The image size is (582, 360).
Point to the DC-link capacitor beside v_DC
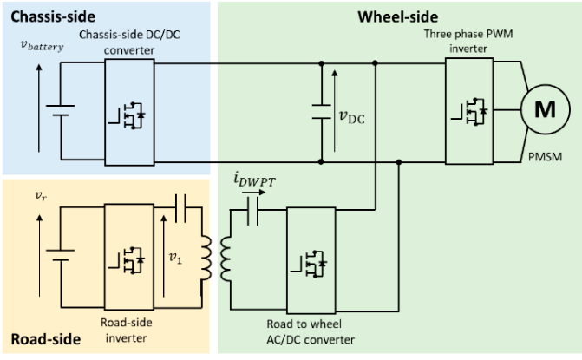(x=322, y=112)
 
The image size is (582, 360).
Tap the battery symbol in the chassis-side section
(x=60, y=112)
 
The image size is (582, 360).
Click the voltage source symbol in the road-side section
(x=60, y=258)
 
